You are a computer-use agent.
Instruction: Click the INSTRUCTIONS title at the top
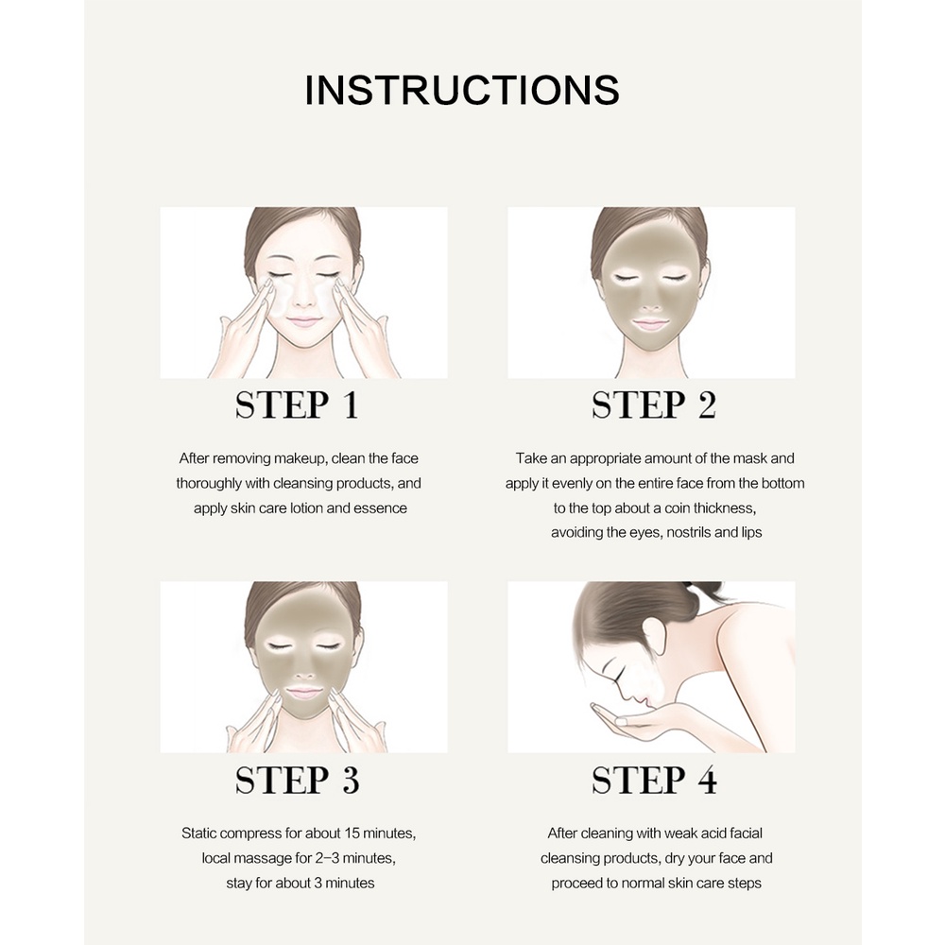tap(462, 90)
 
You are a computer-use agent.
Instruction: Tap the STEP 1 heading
tap(297, 405)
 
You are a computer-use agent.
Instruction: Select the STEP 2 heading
tap(653, 405)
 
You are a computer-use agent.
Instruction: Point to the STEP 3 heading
tap(297, 781)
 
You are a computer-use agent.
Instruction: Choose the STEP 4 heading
tap(653, 781)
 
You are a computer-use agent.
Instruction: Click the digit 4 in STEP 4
tap(704, 781)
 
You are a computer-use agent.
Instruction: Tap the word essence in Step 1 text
tap(382, 507)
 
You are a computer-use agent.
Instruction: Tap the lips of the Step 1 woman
tap(303, 322)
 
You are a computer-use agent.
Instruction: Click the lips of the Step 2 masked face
tap(651, 323)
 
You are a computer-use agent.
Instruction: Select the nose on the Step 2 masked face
tap(651, 301)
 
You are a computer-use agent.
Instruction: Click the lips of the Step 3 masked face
tap(303, 693)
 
